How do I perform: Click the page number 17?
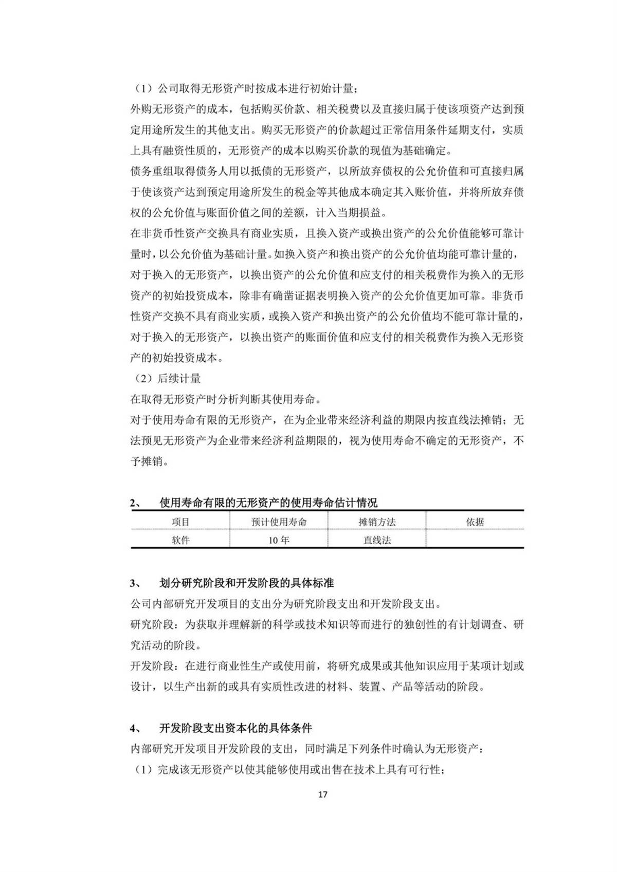coord(322,794)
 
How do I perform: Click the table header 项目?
coord(180,522)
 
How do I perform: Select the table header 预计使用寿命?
coord(279,522)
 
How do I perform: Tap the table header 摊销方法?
coord(377,522)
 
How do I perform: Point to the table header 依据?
coord(475,522)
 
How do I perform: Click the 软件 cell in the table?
coord(180,540)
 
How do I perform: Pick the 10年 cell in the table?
coord(279,540)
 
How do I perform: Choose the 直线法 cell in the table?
coord(377,540)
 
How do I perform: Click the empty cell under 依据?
coord(475,540)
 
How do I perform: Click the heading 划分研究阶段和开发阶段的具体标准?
coord(246,583)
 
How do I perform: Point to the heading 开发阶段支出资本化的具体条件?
coord(235,728)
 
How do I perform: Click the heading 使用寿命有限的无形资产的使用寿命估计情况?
coord(268,503)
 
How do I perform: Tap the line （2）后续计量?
coord(166,379)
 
